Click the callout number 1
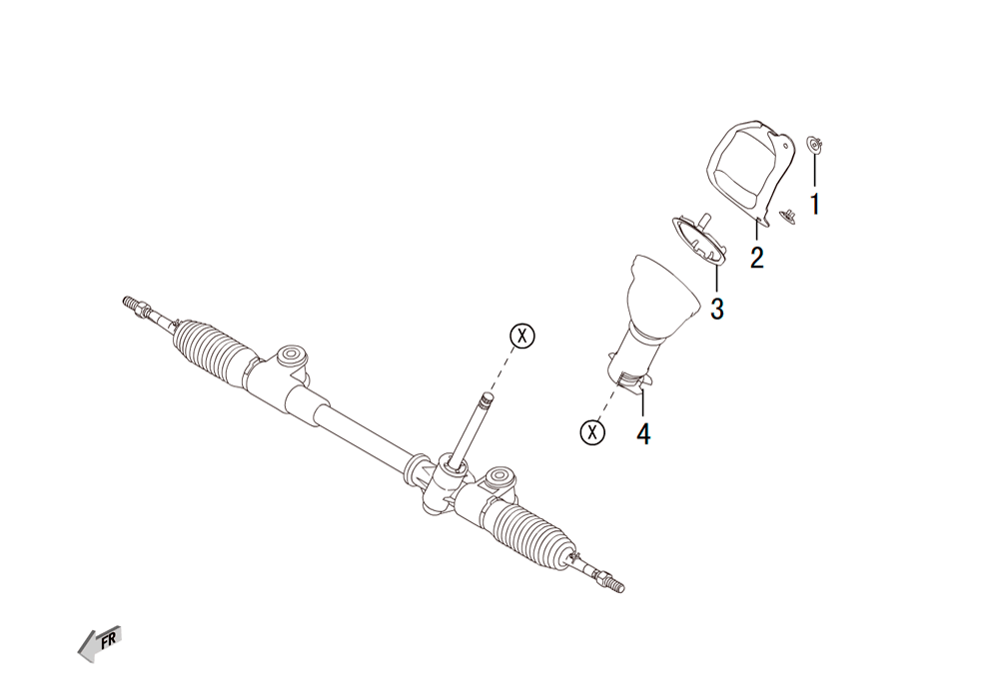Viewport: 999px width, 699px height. (x=814, y=205)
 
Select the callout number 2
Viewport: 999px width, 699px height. (x=756, y=258)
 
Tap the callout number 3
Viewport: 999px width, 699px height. (x=716, y=309)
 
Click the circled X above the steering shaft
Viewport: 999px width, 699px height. (x=522, y=336)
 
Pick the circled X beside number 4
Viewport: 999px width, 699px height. (x=592, y=432)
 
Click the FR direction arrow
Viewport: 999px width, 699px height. (x=99, y=643)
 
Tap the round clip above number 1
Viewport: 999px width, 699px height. (x=814, y=144)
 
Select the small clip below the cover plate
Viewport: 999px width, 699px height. (x=789, y=216)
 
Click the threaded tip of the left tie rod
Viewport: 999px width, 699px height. (x=130, y=303)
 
